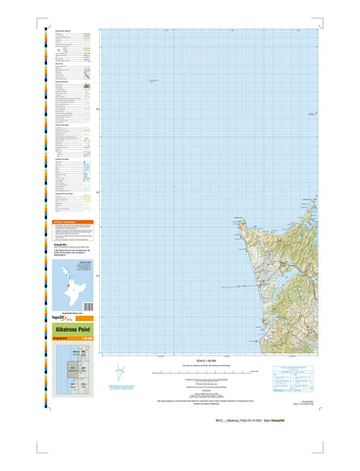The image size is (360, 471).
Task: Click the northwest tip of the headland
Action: coord(236,218)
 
